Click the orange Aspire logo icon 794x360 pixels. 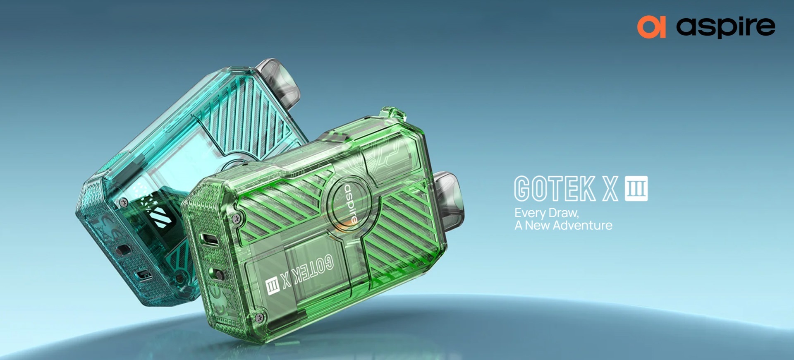651,27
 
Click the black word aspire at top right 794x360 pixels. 726,27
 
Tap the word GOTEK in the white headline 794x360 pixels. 555,189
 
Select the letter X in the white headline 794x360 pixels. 610,189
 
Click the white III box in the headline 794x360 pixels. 636,189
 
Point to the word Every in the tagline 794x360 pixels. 530,214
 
